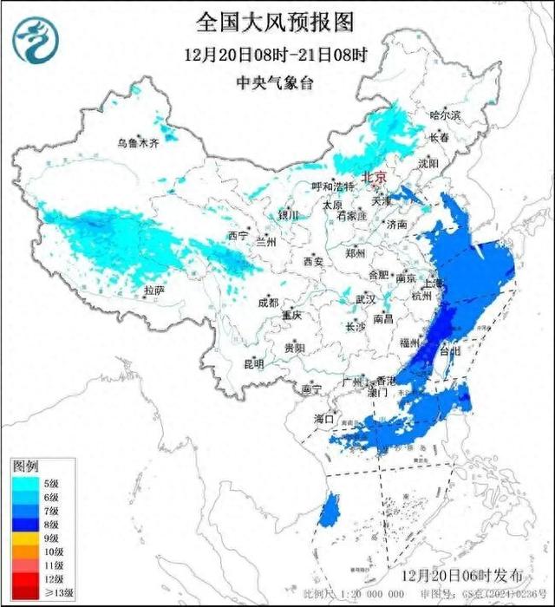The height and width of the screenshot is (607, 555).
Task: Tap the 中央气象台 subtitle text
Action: click(276, 83)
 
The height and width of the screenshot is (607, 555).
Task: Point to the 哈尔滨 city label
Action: click(446, 115)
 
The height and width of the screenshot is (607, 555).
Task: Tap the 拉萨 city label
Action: click(153, 290)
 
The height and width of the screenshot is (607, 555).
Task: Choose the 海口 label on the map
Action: click(323, 419)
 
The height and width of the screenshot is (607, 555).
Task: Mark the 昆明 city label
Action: click(229, 362)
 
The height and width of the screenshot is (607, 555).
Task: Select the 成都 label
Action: click(267, 303)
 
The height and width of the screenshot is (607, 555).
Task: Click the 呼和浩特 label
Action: click(333, 186)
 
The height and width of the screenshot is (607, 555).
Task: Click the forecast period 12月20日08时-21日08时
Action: click(276, 54)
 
